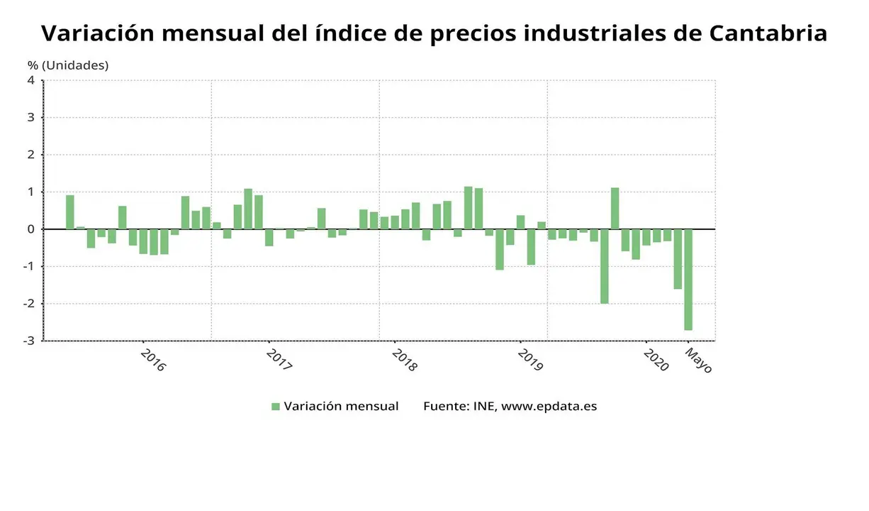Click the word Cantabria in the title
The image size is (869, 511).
768,33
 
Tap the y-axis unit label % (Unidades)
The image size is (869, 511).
68,65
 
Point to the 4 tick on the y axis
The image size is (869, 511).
31,80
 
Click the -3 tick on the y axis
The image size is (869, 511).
29,341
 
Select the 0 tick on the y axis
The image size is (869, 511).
31,229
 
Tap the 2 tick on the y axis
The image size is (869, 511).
31,155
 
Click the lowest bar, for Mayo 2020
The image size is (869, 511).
688,280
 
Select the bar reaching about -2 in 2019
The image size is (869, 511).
605,266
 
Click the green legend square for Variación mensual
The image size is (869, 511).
276,407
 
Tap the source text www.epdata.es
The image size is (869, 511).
549,407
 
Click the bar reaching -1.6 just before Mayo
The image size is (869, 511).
678,259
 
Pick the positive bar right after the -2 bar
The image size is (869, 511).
615,209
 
